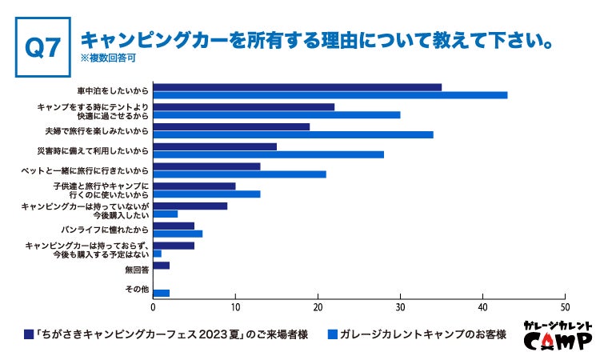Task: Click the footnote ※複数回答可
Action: [108, 58]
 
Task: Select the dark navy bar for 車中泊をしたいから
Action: [297, 86]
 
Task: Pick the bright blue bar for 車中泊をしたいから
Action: [330, 95]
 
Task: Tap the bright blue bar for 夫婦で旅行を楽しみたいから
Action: [293, 134]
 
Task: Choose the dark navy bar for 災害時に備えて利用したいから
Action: [214, 146]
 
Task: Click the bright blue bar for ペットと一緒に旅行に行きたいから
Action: [239, 174]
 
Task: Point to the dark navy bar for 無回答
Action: [161, 265]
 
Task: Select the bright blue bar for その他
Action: [161, 293]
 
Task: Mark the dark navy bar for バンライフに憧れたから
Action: [173, 226]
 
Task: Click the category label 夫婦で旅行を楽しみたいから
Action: [97, 130]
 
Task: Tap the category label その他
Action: [137, 289]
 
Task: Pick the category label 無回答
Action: [137, 270]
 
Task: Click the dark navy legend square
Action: [29, 334]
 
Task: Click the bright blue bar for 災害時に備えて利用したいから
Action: [268, 154]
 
